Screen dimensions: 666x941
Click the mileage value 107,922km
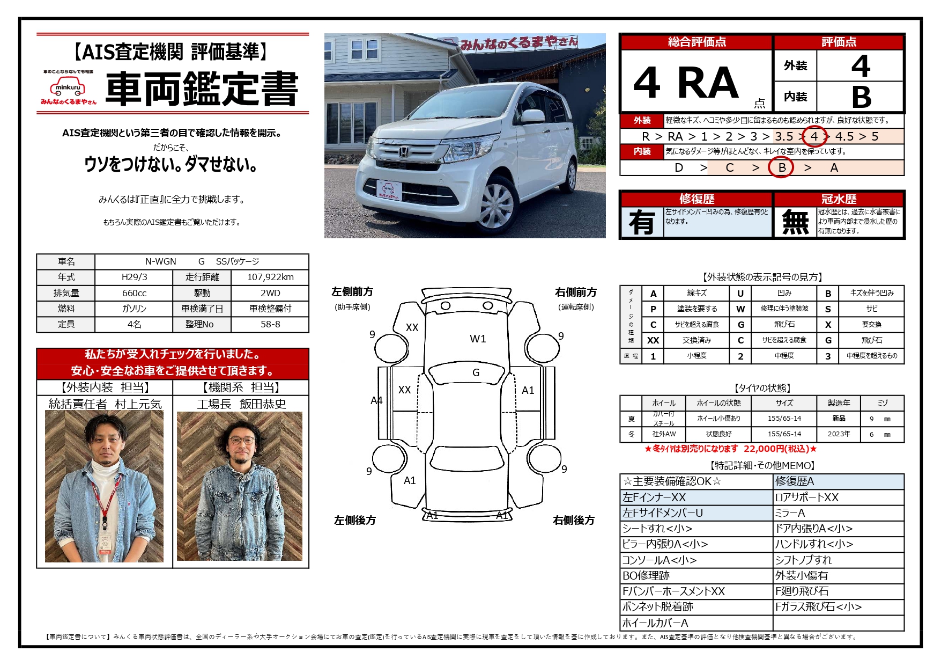point(270,277)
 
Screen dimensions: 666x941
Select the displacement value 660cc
point(134,293)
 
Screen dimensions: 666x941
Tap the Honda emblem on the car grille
point(403,152)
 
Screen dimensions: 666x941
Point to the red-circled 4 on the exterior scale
point(814,136)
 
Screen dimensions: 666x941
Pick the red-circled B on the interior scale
point(781,167)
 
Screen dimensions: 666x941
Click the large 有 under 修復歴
point(642,222)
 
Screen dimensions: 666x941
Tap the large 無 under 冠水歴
point(795,222)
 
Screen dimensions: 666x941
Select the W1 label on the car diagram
point(478,339)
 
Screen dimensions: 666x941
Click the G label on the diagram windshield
point(476,372)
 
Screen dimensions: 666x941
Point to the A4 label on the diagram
point(376,400)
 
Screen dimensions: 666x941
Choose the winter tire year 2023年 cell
point(839,434)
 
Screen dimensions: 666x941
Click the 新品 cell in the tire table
point(839,419)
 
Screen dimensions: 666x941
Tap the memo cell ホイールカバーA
point(655,623)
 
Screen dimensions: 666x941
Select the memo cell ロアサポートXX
point(806,497)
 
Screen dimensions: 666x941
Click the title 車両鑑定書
point(202,89)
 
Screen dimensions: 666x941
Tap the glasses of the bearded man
point(242,441)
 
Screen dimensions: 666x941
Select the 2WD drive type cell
point(270,293)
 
